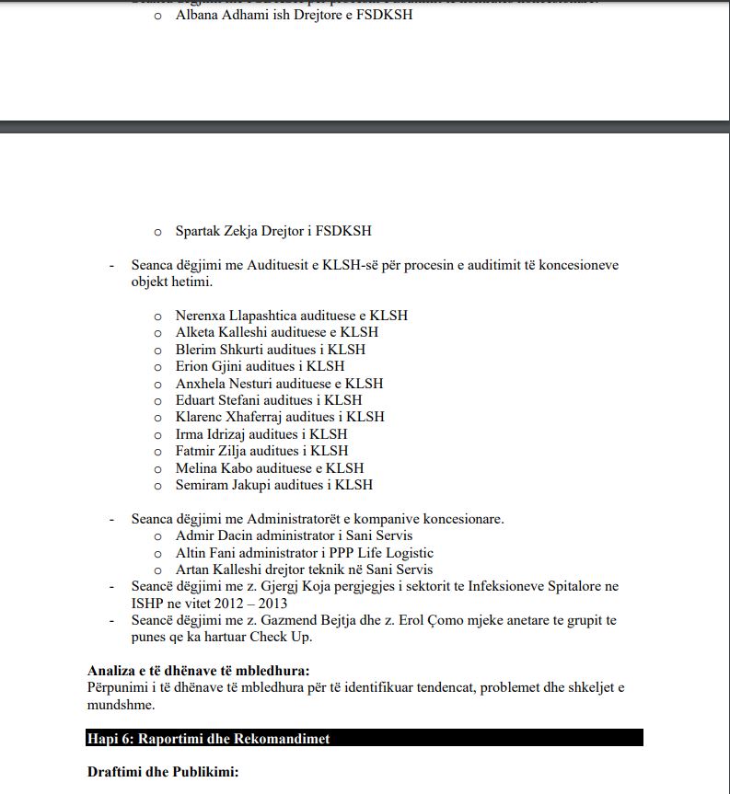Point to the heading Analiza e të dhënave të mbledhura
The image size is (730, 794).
click(x=198, y=671)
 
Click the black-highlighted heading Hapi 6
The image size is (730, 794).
click(x=209, y=739)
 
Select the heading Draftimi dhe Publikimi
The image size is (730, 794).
click(x=163, y=772)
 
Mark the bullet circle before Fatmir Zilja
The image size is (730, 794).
click(x=157, y=452)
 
